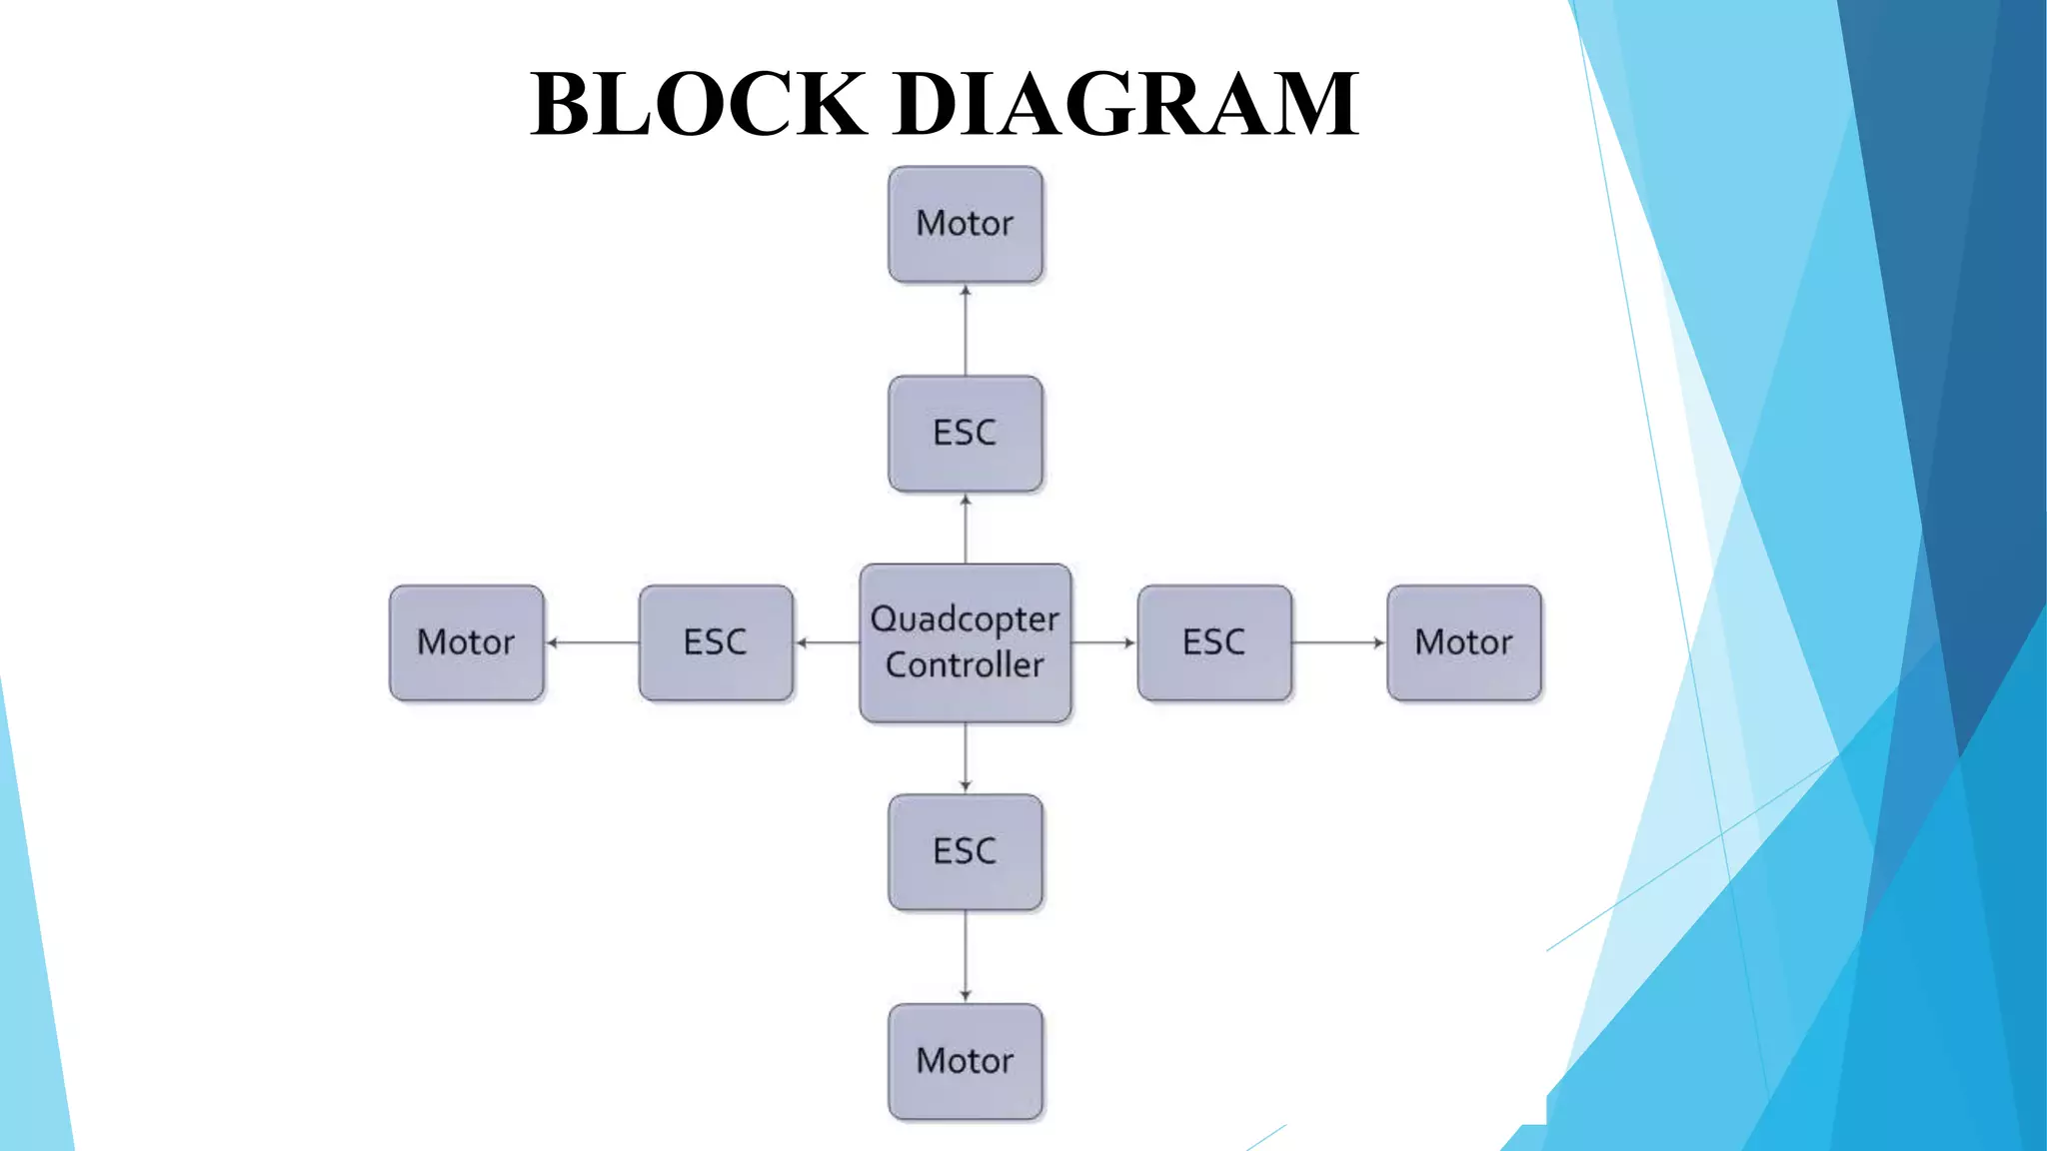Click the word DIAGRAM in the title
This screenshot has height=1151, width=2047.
[x=1126, y=104]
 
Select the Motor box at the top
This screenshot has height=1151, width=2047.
[x=966, y=224]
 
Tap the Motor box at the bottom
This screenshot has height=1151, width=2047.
[x=966, y=1061]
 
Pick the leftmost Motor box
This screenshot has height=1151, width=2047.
[x=467, y=642]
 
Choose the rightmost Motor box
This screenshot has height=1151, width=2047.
[x=1464, y=642]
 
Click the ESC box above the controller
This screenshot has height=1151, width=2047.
[x=966, y=434]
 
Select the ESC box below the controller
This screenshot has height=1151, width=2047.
[x=966, y=852]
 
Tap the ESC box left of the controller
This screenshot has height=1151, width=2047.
[x=716, y=642]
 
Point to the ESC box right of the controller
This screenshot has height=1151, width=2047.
[x=1214, y=642]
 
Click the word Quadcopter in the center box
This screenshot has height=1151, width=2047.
[x=966, y=619]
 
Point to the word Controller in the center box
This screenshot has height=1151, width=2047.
[x=966, y=665]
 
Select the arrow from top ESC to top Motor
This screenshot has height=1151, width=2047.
[x=966, y=330]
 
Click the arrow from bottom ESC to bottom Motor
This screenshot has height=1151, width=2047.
[x=966, y=956]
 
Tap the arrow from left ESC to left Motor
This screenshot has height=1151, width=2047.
[x=592, y=642]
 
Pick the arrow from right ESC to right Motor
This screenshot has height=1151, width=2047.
[x=1339, y=642]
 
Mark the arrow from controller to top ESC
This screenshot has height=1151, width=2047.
[x=966, y=529]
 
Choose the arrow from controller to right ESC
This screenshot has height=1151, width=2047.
[x=1104, y=642]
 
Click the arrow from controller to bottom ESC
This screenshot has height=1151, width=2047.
[x=966, y=757]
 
